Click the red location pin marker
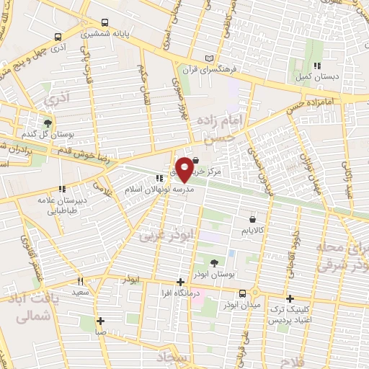(184, 169)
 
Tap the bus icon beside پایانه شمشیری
(105, 22)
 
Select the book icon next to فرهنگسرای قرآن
(210, 58)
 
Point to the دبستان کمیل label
(311, 75)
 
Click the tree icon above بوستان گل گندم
(48, 124)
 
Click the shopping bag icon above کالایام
(252, 218)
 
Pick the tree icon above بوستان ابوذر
(215, 262)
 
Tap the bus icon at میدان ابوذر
(242, 293)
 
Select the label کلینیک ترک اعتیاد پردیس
(290, 314)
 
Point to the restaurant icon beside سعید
(81, 282)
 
